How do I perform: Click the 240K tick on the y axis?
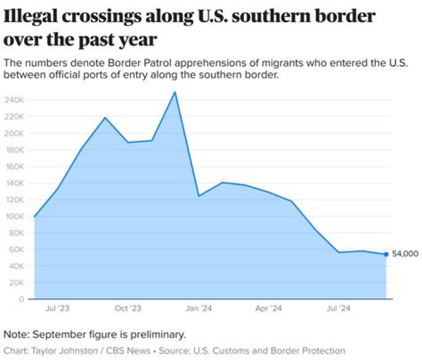[15, 100]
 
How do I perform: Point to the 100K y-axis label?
[15, 216]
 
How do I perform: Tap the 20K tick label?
[16, 283]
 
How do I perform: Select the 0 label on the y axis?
[22, 299]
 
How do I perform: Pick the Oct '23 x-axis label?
[128, 308]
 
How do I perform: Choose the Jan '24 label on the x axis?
[199, 308]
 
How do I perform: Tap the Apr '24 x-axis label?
[270, 308]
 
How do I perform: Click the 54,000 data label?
[405, 254]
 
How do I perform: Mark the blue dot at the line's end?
[386, 254]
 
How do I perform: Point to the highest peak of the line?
[175, 92]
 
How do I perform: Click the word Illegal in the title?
[32, 17]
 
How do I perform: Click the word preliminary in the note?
[155, 335]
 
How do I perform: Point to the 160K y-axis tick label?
[15, 167]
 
